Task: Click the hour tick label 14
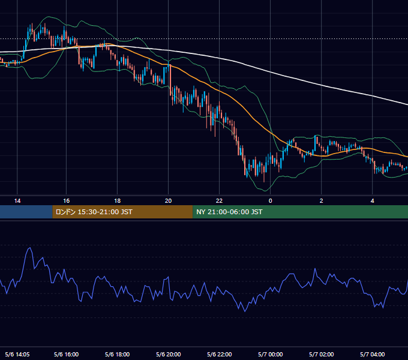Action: [17, 201]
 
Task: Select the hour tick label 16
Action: [67, 201]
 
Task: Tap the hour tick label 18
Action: [118, 201]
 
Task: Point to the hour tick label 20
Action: [169, 201]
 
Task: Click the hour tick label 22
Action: [220, 201]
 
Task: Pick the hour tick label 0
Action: [271, 201]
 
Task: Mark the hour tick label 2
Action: [322, 201]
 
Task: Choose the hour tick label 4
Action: [373, 201]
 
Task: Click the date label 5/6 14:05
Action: [17, 354]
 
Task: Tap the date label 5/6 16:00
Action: [67, 354]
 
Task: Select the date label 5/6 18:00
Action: [118, 354]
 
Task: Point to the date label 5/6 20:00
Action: [169, 354]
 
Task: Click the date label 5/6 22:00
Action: [220, 354]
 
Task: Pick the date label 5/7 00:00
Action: [271, 354]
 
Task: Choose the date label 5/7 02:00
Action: [322, 354]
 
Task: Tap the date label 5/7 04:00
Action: [373, 354]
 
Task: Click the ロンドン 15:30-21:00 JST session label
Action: [94, 212]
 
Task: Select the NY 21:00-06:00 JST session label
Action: [229, 212]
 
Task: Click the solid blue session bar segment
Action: [26, 212]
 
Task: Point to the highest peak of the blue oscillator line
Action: [30, 248]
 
